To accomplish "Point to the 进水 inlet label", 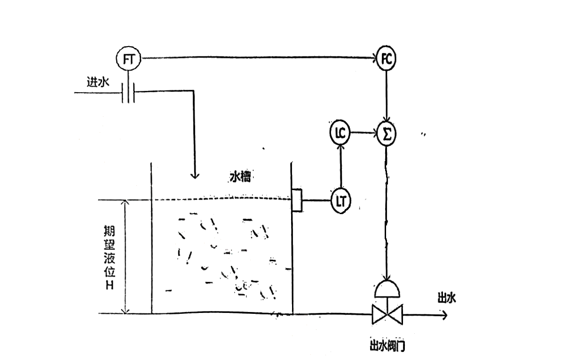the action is [98, 82].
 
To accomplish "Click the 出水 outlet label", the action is [447, 298].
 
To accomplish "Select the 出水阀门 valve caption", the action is [387, 346].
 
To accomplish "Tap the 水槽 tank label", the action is [240, 177].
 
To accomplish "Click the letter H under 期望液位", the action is [110, 286].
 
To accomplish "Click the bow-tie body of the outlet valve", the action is [387, 314].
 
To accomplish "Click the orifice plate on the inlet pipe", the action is [128, 93].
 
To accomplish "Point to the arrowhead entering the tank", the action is [195, 176].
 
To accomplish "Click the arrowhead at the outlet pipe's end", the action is [444, 315].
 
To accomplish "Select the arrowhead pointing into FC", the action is [374, 58].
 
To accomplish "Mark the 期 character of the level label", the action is [110, 231].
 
